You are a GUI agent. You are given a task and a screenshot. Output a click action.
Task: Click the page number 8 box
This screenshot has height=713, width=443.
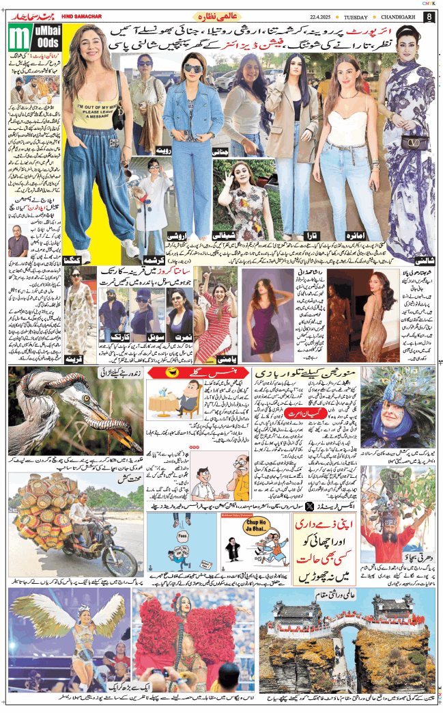429,16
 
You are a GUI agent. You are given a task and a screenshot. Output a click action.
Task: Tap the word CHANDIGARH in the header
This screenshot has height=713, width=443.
396,16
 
